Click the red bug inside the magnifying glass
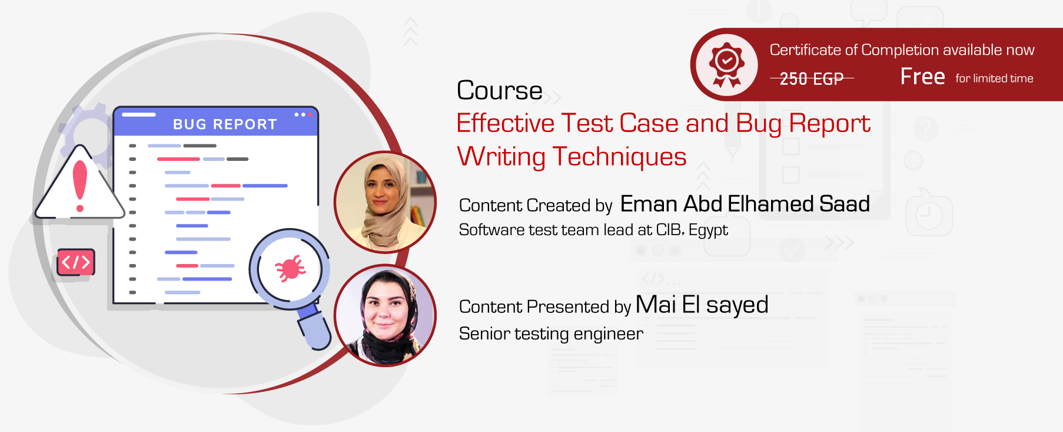(x=290, y=269)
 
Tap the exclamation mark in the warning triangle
(x=79, y=186)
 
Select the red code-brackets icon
(x=76, y=262)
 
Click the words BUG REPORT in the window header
(x=225, y=124)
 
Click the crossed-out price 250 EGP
(x=812, y=78)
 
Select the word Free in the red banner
(x=922, y=77)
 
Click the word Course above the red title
(x=500, y=91)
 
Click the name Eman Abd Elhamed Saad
(x=745, y=204)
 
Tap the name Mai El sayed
(x=702, y=305)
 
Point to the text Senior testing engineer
(x=551, y=334)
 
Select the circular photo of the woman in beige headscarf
(x=386, y=202)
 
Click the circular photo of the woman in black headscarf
(x=386, y=315)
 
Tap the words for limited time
(x=994, y=78)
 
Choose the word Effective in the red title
(x=505, y=124)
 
